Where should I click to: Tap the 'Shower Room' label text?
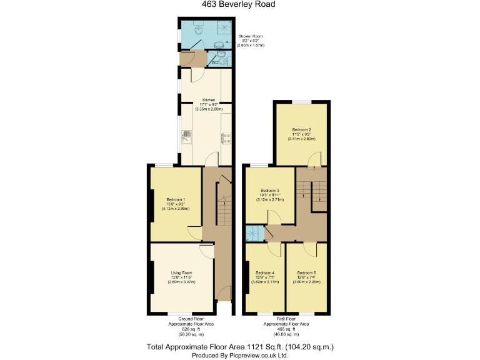pyautogui.click(x=251, y=37)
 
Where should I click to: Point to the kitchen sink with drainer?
pyautogui.click(x=186, y=137)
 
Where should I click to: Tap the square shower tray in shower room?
pyautogui.click(x=223, y=27)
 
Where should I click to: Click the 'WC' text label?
pyautogui.click(x=214, y=62)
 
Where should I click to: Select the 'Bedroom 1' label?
pyautogui.click(x=175, y=199)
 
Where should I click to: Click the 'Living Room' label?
pyautogui.click(x=181, y=272)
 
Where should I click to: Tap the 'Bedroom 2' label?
pyautogui.click(x=301, y=130)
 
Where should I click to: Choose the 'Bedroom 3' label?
pyautogui.click(x=270, y=190)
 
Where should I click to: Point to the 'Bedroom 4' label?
pyautogui.click(x=265, y=272)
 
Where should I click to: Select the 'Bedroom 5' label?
pyautogui.click(x=306, y=272)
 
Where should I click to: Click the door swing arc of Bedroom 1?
pyautogui.click(x=195, y=234)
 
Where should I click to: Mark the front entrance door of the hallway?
pyautogui.click(x=222, y=293)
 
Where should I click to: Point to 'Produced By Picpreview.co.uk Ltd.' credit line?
pyautogui.click(x=239, y=354)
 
